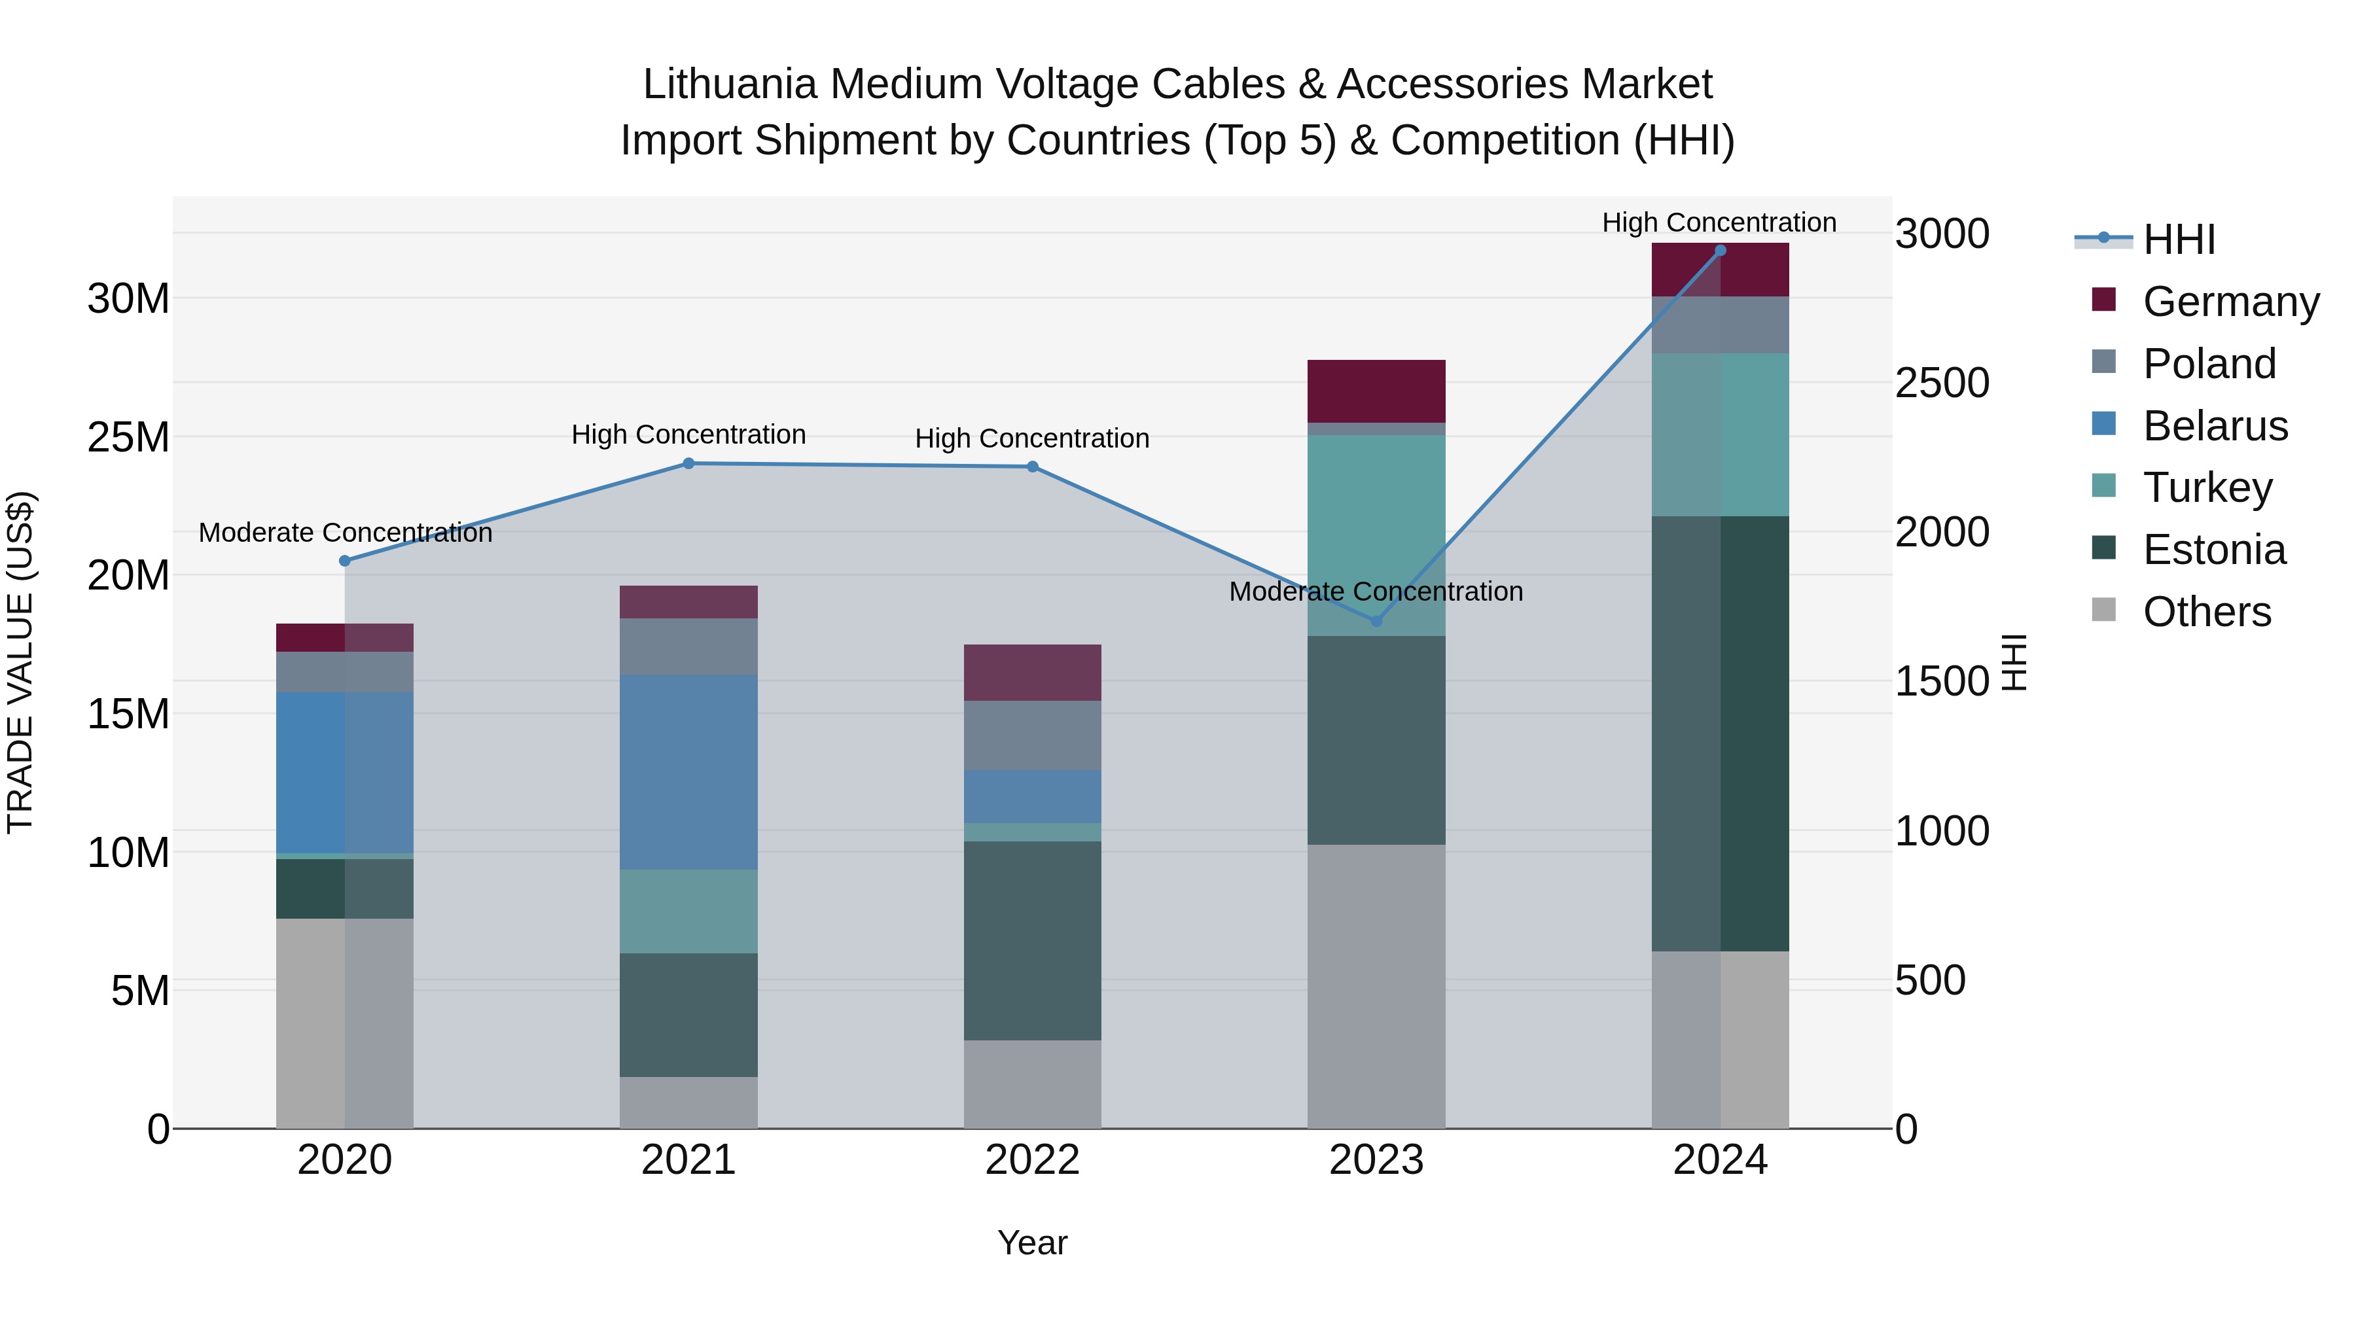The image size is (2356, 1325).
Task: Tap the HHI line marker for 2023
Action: click(1376, 621)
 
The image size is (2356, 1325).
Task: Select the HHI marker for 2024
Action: click(1721, 251)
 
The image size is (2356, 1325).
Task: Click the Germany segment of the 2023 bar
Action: click(1376, 391)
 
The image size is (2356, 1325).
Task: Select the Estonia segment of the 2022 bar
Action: click(1033, 940)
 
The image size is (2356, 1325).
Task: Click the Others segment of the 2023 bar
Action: click(1376, 986)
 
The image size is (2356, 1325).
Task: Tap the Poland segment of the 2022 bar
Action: click(1033, 735)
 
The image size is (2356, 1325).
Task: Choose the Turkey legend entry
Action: click(2207, 487)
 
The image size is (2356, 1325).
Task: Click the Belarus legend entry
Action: click(2214, 426)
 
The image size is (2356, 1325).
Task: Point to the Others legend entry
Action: click(2206, 612)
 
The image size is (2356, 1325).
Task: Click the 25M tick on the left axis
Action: click(128, 437)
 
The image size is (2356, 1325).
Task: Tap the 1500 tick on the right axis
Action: click(1941, 681)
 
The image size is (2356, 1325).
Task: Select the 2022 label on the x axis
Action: click(1033, 1160)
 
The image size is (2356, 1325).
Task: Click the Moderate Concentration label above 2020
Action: click(345, 532)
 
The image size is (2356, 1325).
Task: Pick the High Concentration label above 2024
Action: click(1719, 222)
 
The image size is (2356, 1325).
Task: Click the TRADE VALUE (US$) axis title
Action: click(20, 662)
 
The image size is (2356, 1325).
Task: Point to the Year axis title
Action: click(1033, 1243)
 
